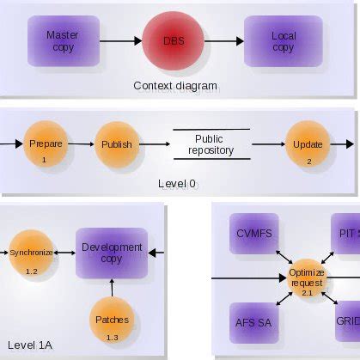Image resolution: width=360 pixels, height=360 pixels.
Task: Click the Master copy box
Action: tap(63, 40)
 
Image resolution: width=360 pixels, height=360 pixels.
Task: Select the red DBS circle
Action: tap(173, 40)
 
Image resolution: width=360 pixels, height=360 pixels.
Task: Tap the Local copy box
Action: tap(283, 40)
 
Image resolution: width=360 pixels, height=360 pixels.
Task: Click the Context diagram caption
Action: tap(175, 86)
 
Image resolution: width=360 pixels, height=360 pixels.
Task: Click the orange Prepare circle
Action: tap(45, 145)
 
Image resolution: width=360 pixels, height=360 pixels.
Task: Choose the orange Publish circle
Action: tap(116, 145)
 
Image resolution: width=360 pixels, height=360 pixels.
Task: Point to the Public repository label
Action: tap(209, 143)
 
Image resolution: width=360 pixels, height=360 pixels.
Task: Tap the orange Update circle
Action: tap(308, 145)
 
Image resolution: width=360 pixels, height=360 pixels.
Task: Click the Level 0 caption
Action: tap(177, 184)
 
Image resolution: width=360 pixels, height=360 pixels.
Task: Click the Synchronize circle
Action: tap(32, 253)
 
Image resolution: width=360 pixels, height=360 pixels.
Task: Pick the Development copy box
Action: tap(112, 253)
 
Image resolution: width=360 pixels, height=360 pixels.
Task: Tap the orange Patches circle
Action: tap(112, 321)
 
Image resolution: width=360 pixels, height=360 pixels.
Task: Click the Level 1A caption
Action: tap(32, 345)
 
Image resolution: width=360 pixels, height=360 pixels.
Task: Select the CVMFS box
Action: tap(253, 233)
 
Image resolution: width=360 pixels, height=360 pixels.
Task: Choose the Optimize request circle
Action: tap(308, 278)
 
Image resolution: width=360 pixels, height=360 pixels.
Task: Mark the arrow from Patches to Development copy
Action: tap(112, 289)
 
